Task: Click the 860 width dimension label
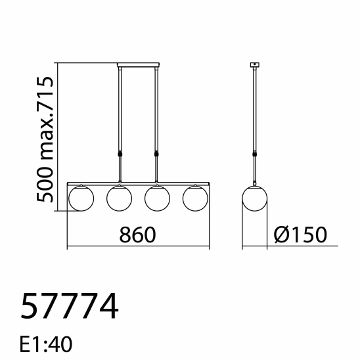[137, 235]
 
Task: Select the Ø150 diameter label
[300, 235]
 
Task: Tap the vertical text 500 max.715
[45, 139]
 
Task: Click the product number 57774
[70, 306]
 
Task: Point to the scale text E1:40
[46, 344]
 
